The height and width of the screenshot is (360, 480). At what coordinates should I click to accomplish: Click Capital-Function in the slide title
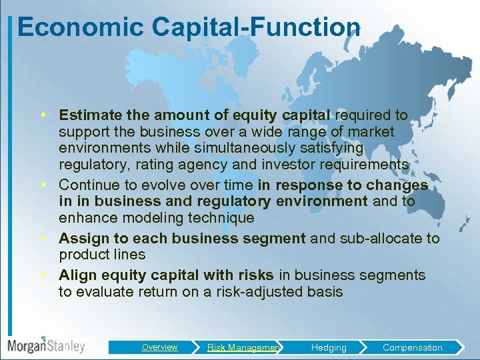pos(256,27)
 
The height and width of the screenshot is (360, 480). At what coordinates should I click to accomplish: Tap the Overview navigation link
pos(159,347)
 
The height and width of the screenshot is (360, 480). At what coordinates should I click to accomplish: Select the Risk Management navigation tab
pos(243,347)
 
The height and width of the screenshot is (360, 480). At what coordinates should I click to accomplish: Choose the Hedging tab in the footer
pos(329,347)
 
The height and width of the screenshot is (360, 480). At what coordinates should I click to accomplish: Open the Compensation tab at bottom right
pos(412,347)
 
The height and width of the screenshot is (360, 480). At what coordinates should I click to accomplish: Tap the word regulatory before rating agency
pos(89,165)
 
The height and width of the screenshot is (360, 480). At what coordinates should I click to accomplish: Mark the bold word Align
pos(75,275)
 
